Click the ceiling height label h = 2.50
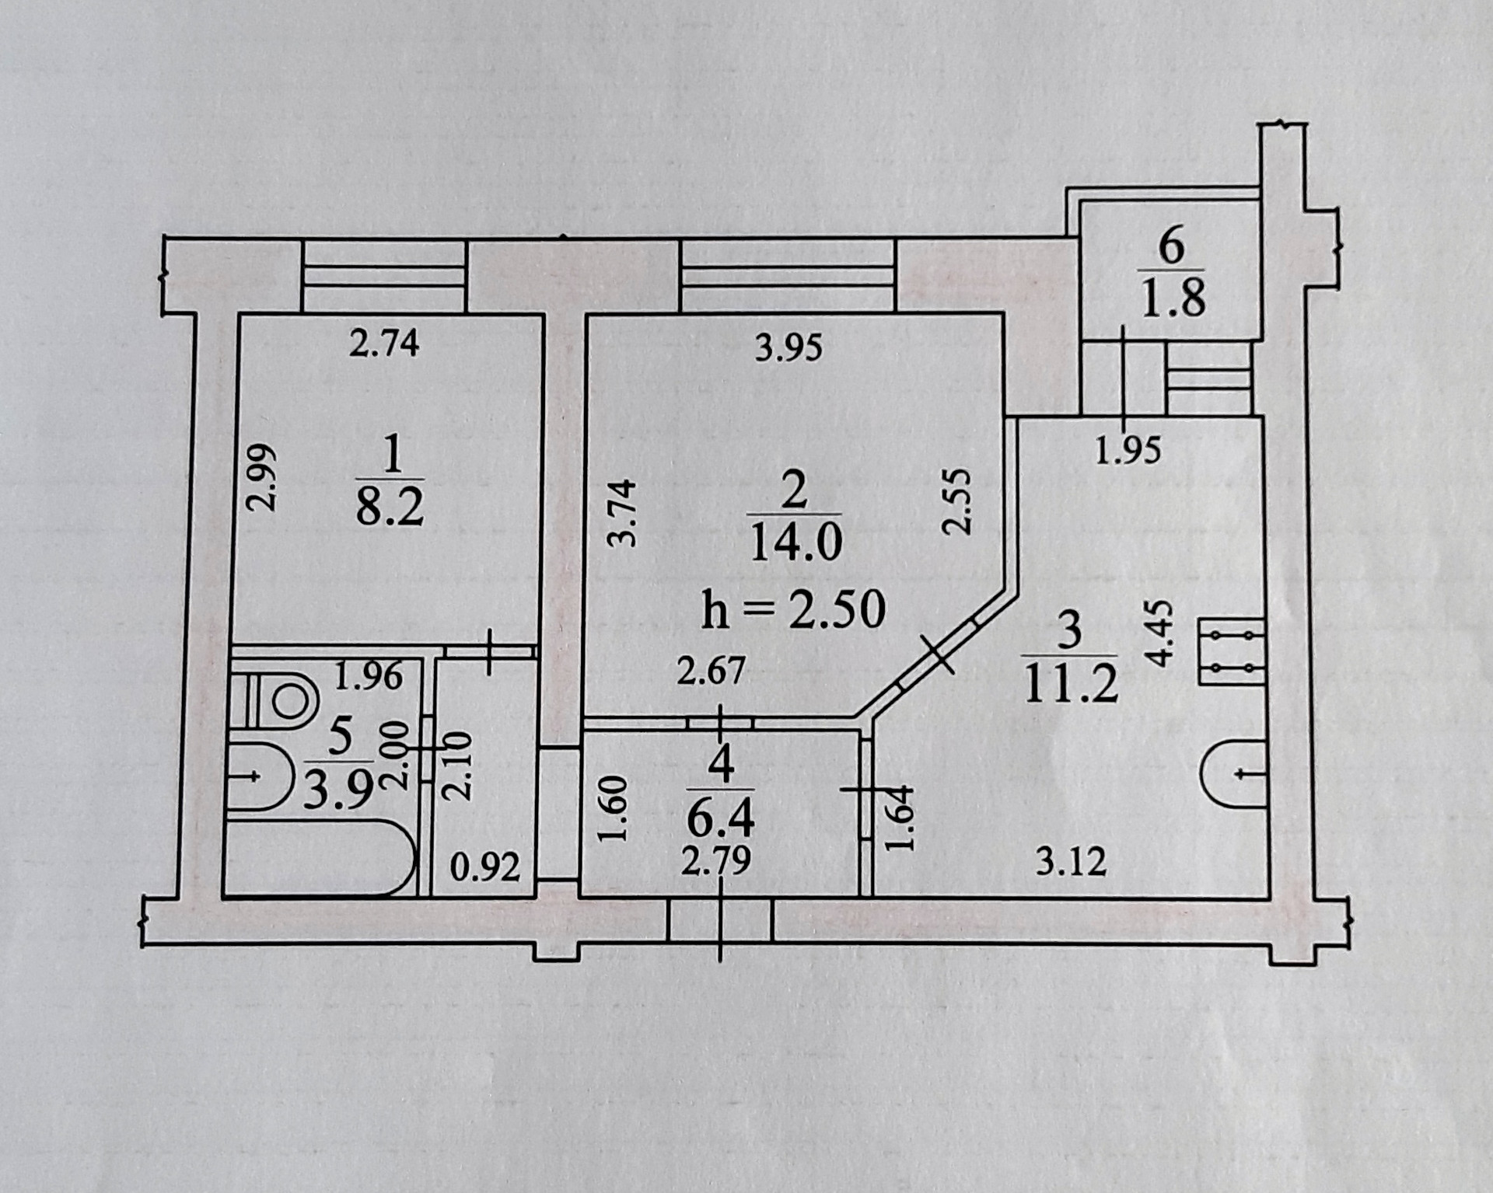click(x=793, y=610)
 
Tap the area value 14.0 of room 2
click(x=795, y=540)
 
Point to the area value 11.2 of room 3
click(x=1071, y=684)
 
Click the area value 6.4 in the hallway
click(x=721, y=815)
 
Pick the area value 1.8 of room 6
click(x=1173, y=298)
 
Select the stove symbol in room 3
click(x=1233, y=651)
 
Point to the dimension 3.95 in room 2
click(x=788, y=347)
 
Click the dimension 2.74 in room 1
click(x=383, y=343)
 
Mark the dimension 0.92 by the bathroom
click(x=484, y=867)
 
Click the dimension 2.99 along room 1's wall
click(x=262, y=476)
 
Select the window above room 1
click(x=384, y=275)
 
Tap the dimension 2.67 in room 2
click(x=711, y=671)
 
